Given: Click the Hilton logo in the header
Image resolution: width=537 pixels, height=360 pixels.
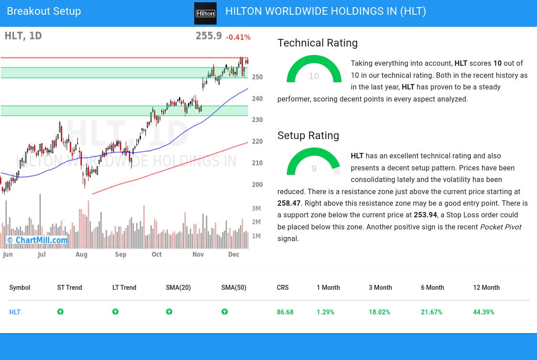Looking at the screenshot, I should point(205,13).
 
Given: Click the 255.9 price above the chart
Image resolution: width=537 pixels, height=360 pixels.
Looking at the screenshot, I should point(209,36).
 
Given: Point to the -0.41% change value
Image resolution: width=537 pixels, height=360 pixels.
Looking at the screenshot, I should point(238,38).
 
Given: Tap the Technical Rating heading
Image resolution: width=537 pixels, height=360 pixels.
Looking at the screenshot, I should point(317,43).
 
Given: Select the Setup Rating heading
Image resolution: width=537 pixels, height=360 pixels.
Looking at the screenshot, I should point(308,136).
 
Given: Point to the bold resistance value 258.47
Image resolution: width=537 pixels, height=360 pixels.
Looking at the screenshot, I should point(289,203).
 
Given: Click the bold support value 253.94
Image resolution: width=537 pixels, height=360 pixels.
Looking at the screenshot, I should point(425,215).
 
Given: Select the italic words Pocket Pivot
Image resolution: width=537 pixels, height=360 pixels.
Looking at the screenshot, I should point(500,227).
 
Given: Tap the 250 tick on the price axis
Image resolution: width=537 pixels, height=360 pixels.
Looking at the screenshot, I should point(257,77).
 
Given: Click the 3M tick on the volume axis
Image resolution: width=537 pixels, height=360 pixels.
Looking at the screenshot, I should point(256,208).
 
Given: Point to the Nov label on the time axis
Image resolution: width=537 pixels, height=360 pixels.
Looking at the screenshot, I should point(198,254).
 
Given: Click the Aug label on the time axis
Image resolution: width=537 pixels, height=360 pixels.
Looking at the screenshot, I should point(81,254).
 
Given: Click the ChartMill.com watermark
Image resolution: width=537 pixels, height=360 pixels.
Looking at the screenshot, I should point(38,241).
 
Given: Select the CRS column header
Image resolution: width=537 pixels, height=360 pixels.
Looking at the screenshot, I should point(282,288).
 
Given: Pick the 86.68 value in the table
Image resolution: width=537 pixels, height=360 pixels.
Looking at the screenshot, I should point(285,312).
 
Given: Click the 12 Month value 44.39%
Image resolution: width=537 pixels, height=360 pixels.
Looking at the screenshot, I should point(483,312).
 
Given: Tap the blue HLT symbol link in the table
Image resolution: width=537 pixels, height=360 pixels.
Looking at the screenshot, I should point(15,312).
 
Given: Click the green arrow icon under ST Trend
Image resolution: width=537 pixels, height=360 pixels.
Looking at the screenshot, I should point(60,312).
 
